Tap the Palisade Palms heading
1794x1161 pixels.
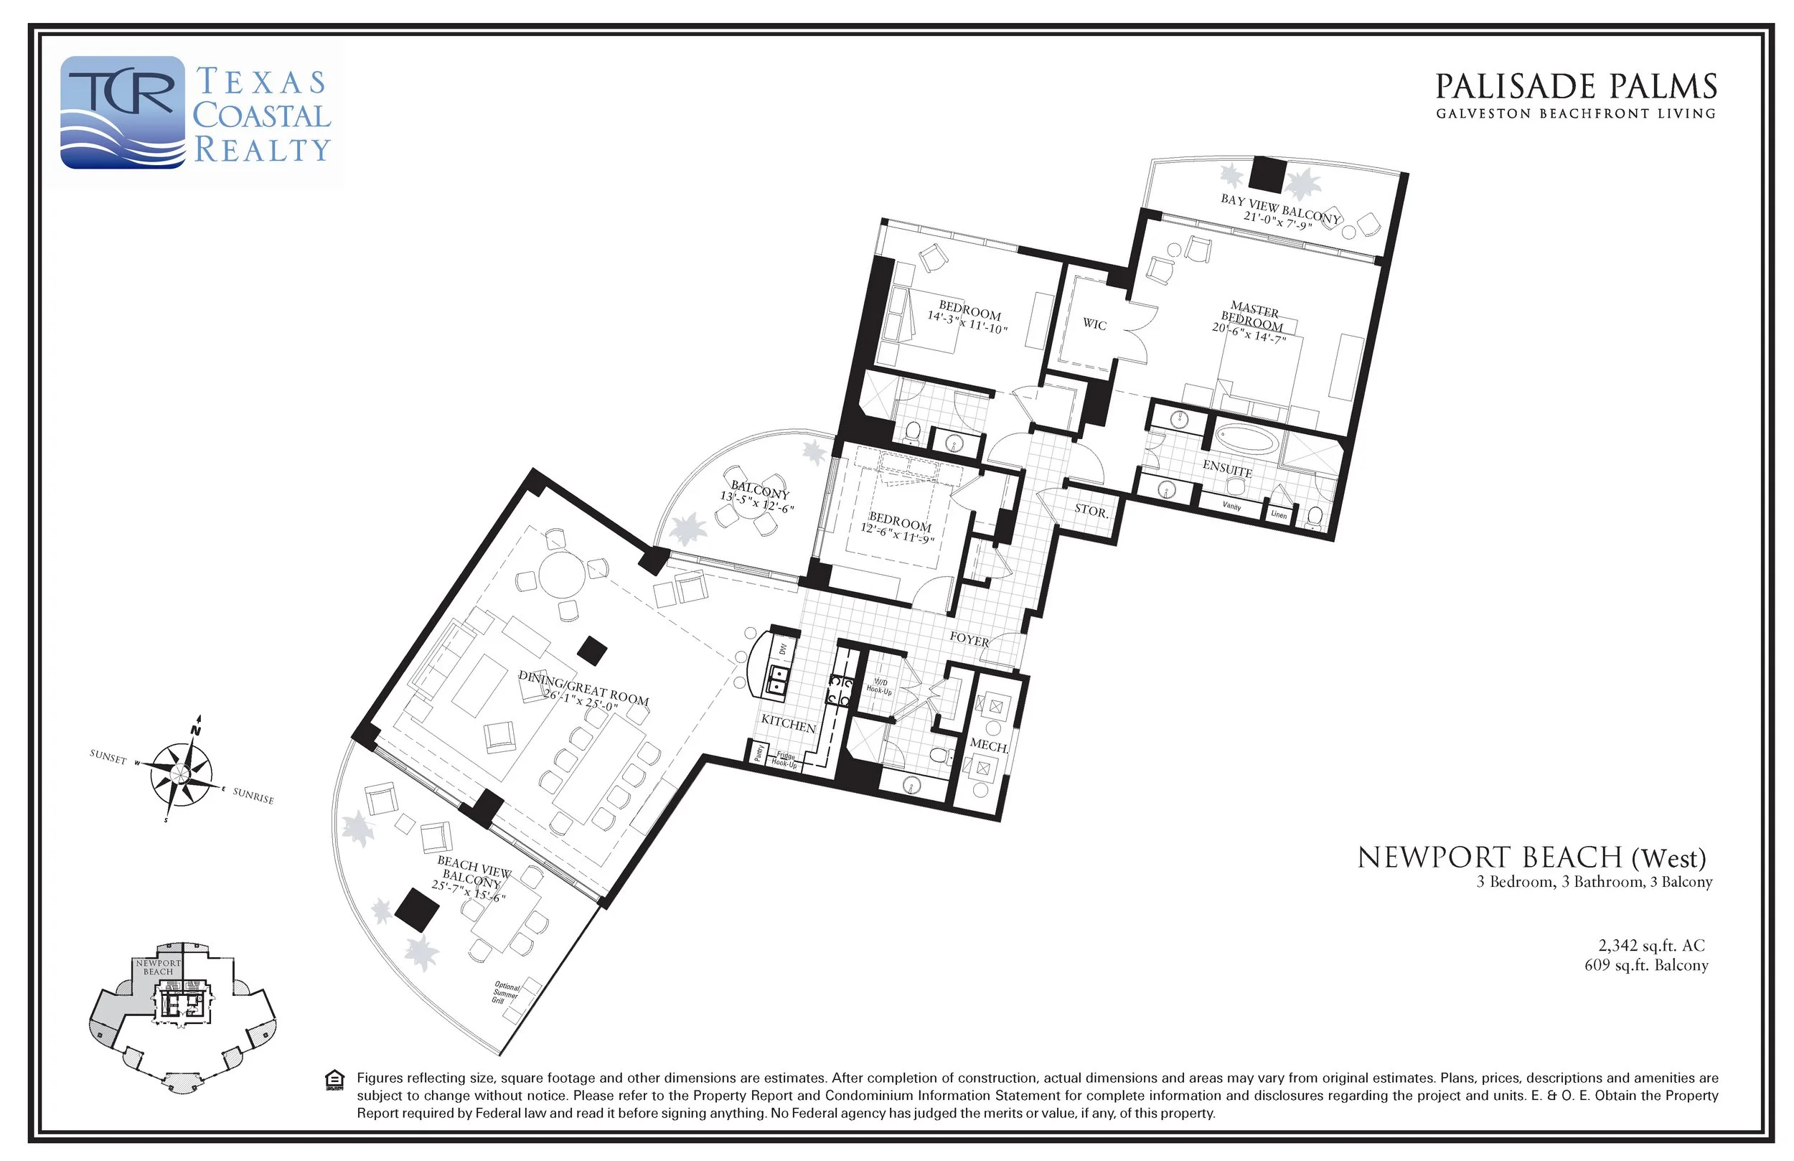[1574, 88]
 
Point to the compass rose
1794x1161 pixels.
[181, 772]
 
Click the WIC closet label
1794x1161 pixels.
[1094, 324]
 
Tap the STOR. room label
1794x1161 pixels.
[1091, 510]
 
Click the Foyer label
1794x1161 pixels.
[969, 639]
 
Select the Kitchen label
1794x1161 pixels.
[789, 724]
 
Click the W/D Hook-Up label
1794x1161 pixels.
[878, 687]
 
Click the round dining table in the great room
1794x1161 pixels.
[563, 575]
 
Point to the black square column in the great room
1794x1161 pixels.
[592, 650]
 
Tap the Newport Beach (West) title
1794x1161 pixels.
[1531, 858]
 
